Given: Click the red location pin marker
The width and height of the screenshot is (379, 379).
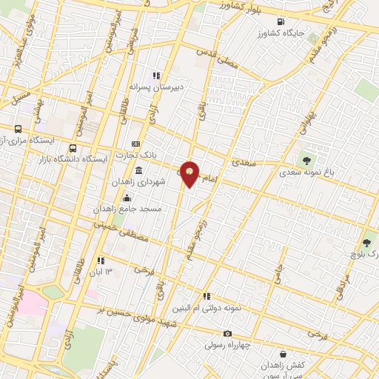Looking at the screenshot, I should tap(190, 174).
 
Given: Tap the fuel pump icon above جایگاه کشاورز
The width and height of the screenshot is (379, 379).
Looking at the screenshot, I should tap(280, 21).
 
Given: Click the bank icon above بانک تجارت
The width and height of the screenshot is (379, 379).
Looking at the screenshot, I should tap(135, 143).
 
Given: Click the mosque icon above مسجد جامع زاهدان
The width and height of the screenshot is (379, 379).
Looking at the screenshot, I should tap(127, 198).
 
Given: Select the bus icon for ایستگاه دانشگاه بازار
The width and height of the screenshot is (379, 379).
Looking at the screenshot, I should tap(72, 147).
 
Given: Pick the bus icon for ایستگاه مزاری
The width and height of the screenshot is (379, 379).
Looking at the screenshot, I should tap(18, 130).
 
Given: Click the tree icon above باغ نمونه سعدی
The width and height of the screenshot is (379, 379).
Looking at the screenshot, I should tap(304, 159).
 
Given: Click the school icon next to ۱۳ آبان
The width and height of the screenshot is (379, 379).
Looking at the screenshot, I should tap(100, 261).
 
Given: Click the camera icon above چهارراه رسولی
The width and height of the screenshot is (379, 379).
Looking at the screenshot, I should tap(227, 333).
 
